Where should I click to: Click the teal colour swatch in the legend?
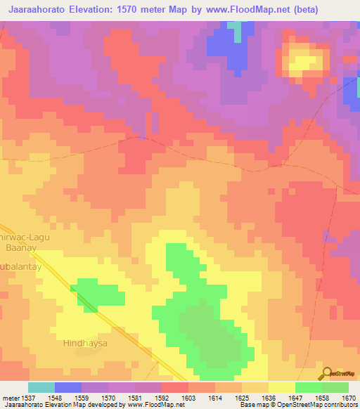pyautogui.click(x=41, y=387)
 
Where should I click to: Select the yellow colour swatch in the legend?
pyautogui.click(x=281, y=387)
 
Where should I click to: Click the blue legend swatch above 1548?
pyautogui.click(x=67, y=387)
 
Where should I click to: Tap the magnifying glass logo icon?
pyautogui.click(x=326, y=372)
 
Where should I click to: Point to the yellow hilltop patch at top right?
pyautogui.click(x=304, y=61)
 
